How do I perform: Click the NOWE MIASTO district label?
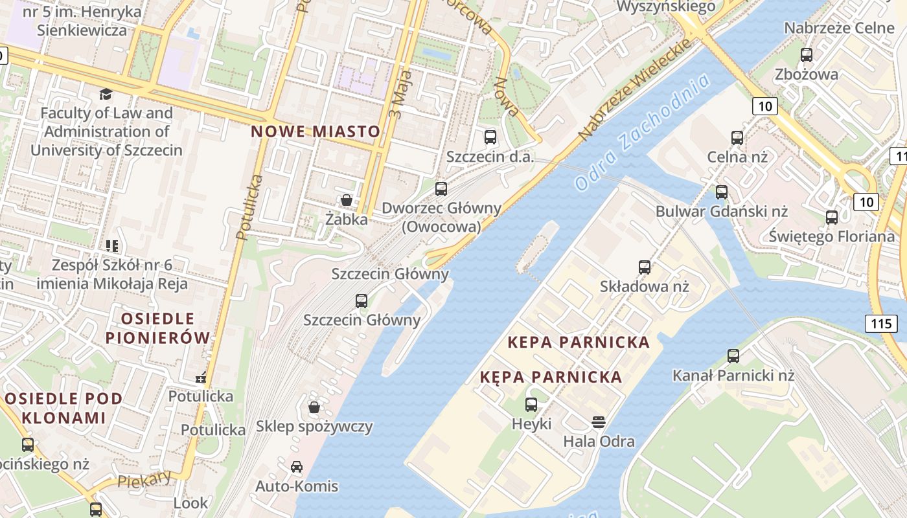click(316, 131)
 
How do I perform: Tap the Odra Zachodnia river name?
click(642, 133)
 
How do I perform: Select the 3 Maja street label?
click(396, 98)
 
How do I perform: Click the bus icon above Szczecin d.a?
click(490, 137)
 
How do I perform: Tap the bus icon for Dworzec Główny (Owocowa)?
click(441, 189)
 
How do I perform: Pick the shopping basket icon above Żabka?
click(347, 201)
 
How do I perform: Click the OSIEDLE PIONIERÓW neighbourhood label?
click(157, 328)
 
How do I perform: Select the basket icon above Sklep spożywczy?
click(314, 407)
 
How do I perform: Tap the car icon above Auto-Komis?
click(297, 467)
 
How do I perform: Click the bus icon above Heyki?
click(531, 405)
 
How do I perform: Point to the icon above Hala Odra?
click(599, 423)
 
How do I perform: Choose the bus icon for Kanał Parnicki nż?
click(733, 356)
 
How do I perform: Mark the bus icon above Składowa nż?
click(645, 267)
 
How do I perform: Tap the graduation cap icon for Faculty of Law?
click(106, 95)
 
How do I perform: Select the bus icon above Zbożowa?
click(807, 55)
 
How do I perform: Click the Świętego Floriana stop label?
click(832, 236)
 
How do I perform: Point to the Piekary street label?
click(144, 479)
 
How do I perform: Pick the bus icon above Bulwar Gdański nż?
click(722, 192)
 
